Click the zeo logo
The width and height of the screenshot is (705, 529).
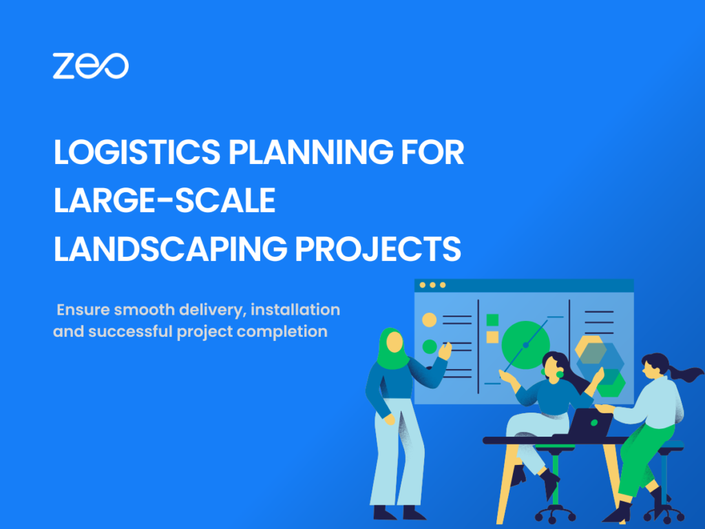click(90, 65)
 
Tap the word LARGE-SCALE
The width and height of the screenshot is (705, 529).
click(164, 200)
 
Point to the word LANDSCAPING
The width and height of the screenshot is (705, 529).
click(171, 248)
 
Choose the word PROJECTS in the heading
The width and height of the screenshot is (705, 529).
click(378, 248)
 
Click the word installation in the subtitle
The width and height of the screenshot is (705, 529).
click(295, 309)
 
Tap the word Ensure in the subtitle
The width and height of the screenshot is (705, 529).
click(83, 309)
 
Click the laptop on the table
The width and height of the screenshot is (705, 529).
click(590, 422)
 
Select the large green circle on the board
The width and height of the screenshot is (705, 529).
click(525, 345)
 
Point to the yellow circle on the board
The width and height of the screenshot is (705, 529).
click(430, 320)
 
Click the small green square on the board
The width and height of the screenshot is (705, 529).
click(493, 320)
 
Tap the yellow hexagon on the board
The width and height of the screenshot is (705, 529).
click(590, 349)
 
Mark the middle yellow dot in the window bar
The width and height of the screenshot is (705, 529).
click(432, 284)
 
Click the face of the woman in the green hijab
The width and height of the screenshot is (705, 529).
click(394, 342)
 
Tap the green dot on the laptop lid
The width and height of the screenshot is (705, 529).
click(594, 423)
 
